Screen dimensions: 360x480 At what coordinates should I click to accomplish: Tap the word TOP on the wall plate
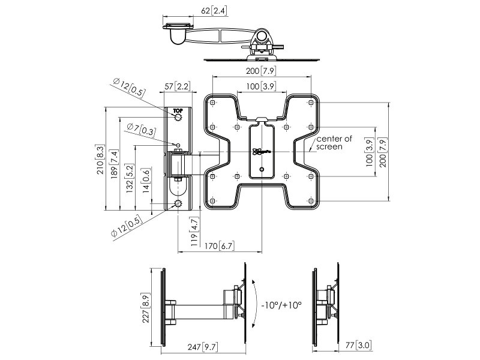[178, 110]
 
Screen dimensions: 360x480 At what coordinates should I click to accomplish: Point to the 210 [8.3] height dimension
[100, 158]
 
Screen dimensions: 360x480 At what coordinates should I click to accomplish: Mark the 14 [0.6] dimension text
[146, 179]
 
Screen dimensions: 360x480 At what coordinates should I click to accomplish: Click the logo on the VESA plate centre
[260, 152]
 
